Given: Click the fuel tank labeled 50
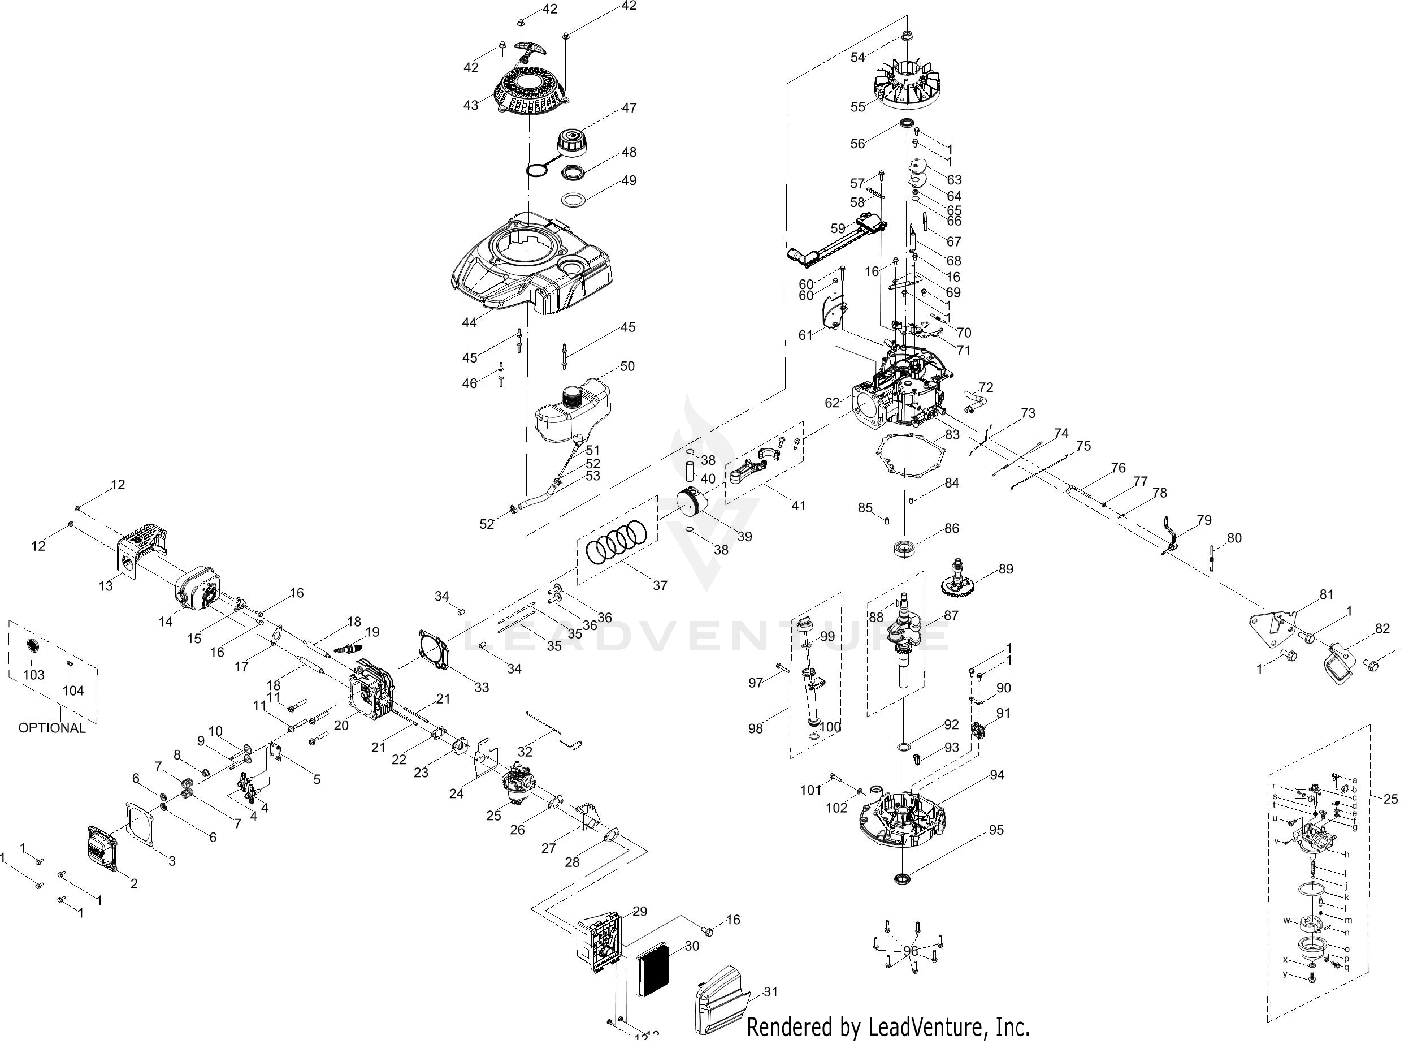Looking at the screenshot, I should pos(571,411).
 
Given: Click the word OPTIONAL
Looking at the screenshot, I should pos(52,728).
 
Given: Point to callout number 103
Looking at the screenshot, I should pos(33,675).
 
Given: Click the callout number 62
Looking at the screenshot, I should pos(833,403).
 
